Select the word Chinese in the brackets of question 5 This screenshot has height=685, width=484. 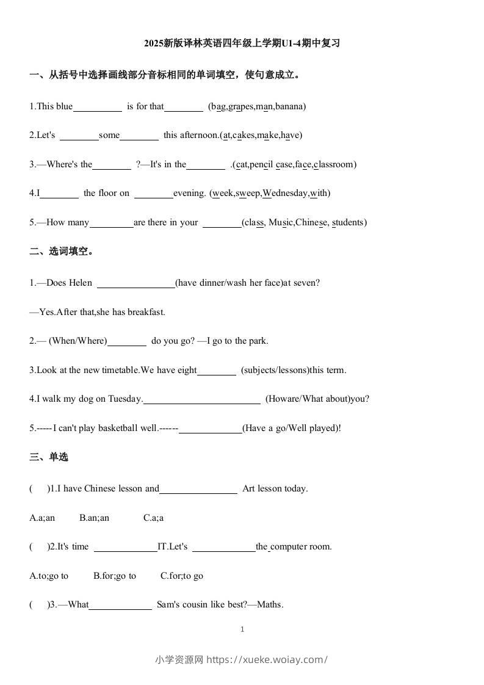[312, 222]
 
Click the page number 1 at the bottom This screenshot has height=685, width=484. [242, 629]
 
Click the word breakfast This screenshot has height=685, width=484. [146, 312]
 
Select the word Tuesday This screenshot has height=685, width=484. [125, 399]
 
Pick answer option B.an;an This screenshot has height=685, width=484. [94, 518]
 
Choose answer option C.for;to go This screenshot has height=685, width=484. [182, 576]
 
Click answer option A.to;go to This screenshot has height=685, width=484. [49, 576]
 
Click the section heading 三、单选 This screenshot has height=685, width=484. [49, 457]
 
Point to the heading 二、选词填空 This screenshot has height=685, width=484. [62, 251]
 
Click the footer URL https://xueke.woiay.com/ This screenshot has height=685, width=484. [267, 659]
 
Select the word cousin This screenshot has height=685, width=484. [197, 605]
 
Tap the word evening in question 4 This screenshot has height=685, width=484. [189, 193]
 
